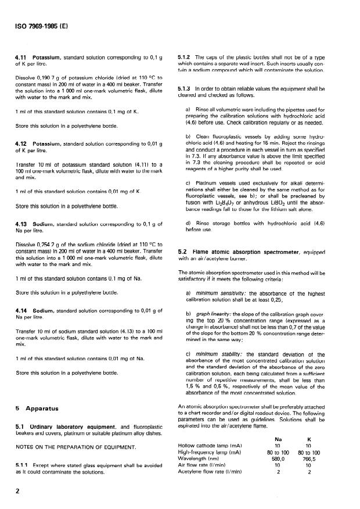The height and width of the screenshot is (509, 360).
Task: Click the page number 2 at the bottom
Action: click(x=19, y=493)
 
